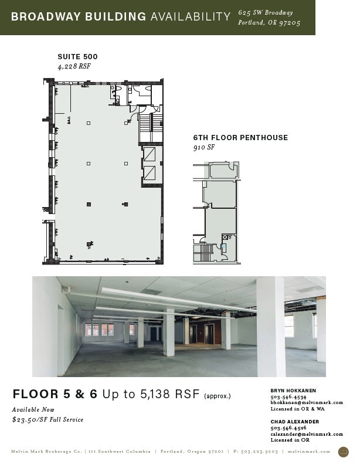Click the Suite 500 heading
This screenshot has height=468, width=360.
click(x=77, y=57)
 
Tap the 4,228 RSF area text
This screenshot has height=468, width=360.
click(x=74, y=66)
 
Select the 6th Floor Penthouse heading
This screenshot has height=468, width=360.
click(x=240, y=138)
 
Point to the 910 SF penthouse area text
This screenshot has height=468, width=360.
click(x=204, y=147)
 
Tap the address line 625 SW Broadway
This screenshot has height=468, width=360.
click(x=266, y=12)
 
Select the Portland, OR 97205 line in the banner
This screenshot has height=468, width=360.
click(x=269, y=23)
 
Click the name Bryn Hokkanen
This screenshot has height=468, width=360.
click(x=293, y=391)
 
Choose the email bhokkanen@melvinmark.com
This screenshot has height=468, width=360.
click(x=307, y=403)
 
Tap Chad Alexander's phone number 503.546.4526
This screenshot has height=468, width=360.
click(x=288, y=428)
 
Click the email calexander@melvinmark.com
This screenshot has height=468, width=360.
click(x=307, y=434)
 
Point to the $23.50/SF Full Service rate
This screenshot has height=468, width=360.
click(x=47, y=420)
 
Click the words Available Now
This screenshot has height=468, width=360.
click(x=33, y=409)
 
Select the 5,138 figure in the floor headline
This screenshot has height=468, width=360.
click(x=155, y=394)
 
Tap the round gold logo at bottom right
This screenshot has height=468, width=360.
click(x=343, y=452)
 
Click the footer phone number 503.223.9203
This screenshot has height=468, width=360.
click(x=259, y=452)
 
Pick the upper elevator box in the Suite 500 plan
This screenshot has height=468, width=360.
click(x=150, y=154)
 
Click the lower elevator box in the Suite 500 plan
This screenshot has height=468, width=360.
click(x=150, y=173)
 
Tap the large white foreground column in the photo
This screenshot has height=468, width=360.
click(x=270, y=327)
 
